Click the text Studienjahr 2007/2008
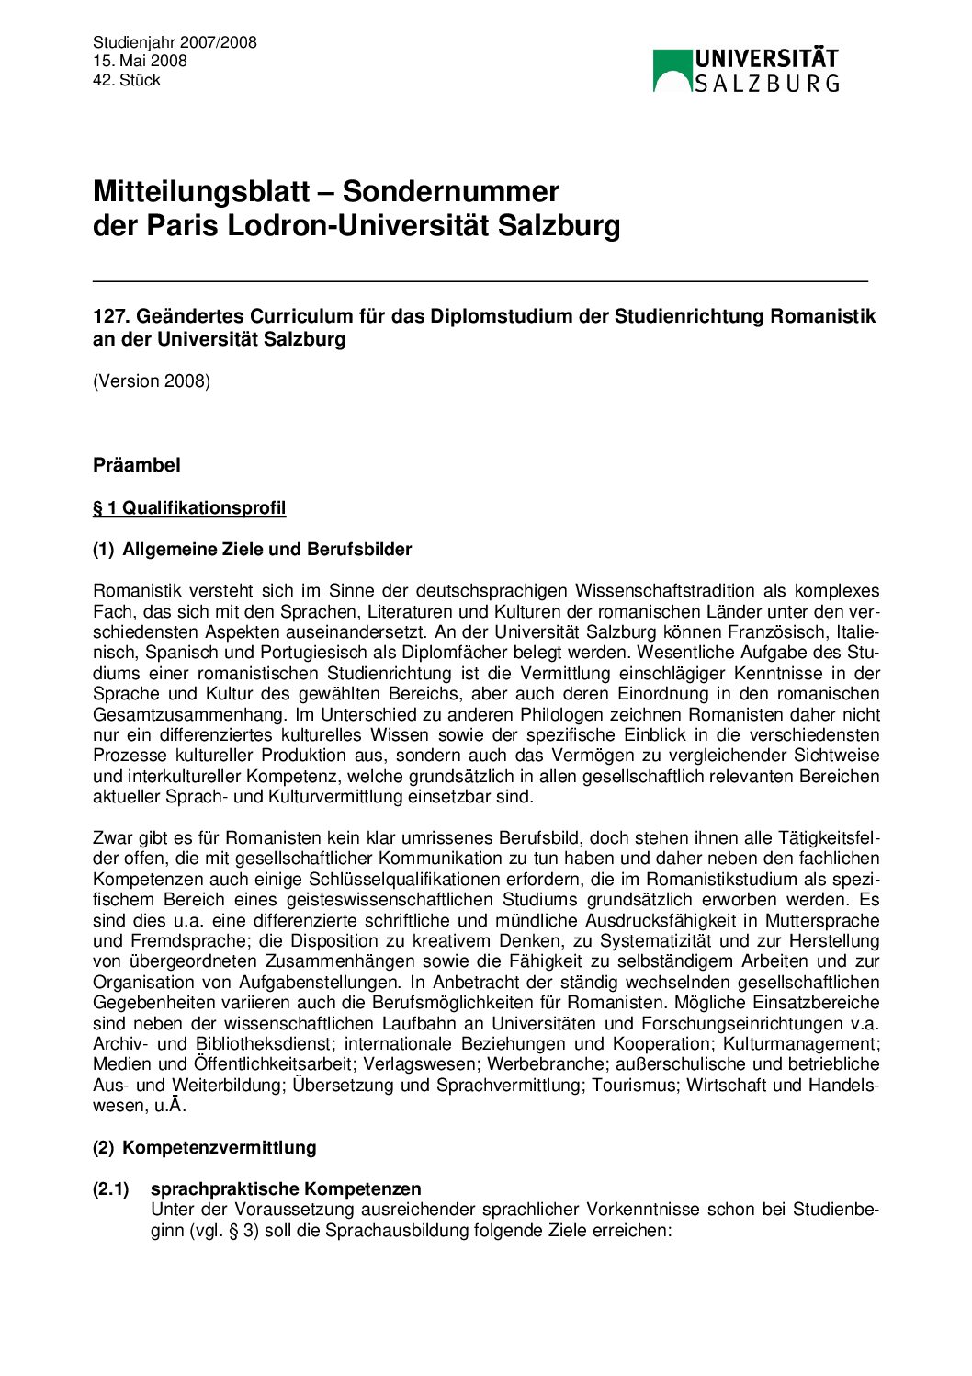[175, 42]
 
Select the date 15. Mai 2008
[140, 62]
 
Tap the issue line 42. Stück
[127, 81]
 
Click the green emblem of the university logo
[672, 71]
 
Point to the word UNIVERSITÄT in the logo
[766, 60]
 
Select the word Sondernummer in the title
[450, 192]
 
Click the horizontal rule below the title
[480, 279]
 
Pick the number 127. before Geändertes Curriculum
[112, 316]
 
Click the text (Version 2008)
[152, 381]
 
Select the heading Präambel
[136, 465]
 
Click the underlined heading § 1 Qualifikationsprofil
[189, 508]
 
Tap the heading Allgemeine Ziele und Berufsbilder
[266, 550]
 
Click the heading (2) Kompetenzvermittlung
[205, 1147]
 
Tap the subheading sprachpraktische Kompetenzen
[286, 1188]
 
